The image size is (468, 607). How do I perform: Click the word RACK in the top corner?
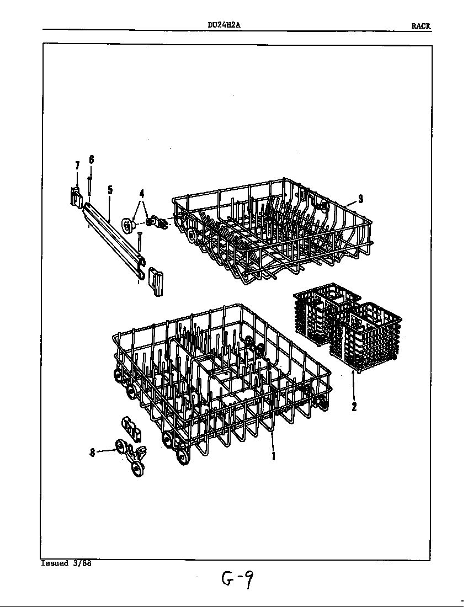click(x=421, y=26)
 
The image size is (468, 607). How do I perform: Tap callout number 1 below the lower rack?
click(x=274, y=456)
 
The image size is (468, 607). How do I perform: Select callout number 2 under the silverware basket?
click(x=354, y=407)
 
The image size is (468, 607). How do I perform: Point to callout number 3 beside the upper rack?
click(x=360, y=199)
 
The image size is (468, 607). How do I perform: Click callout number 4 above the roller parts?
click(x=142, y=193)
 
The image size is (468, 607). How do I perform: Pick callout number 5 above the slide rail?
click(x=110, y=190)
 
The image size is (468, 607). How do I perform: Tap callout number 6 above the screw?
click(x=92, y=159)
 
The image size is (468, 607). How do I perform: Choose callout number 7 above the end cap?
click(x=77, y=166)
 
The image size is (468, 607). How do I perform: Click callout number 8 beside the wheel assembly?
click(x=92, y=452)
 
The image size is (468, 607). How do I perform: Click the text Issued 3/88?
click(x=66, y=563)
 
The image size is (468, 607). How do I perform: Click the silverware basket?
click(x=347, y=327)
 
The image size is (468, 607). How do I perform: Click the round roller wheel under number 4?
click(x=127, y=225)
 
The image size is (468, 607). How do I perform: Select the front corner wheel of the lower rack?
click(x=182, y=456)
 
